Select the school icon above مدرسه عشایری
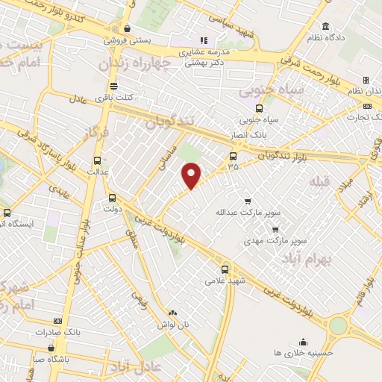pos(202,40)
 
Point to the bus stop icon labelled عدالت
pos(98,160)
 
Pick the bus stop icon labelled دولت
pos(112,198)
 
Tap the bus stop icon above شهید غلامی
pos(225,269)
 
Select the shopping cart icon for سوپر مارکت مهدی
pos(275,229)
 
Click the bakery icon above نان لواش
pos(173,313)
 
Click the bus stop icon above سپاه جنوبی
pos(258,107)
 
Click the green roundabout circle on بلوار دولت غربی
pos(339,325)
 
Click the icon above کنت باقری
pos(113,85)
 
